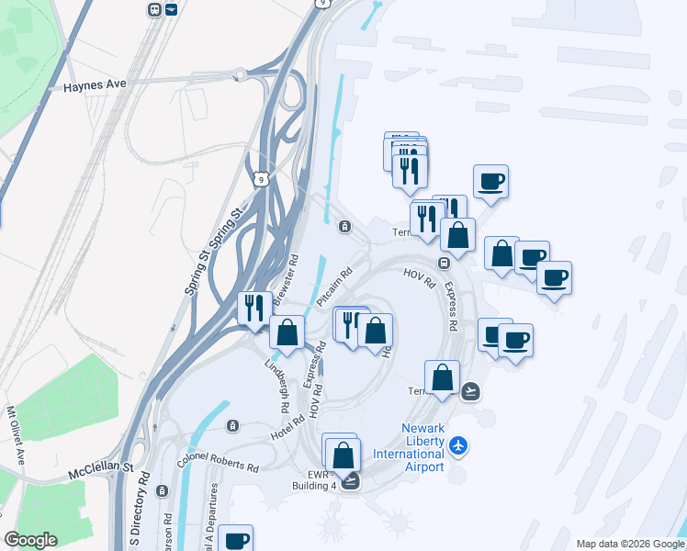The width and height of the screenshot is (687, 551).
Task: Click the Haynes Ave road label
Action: coord(94,85)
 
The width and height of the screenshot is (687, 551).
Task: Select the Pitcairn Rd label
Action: coord(335,287)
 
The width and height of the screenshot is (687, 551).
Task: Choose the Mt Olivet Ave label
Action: coord(14,436)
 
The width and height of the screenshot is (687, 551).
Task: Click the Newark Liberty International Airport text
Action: coord(422,447)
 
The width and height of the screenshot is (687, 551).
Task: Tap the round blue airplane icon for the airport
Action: coord(459,447)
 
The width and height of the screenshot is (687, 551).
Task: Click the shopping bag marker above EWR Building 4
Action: coord(343,455)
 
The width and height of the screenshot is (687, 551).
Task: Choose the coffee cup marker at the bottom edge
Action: coord(235,540)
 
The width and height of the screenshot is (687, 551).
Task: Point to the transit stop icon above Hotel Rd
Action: coord(232,425)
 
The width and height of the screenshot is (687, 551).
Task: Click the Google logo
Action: coord(30,540)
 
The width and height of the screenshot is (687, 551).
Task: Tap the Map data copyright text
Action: coord(629,544)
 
